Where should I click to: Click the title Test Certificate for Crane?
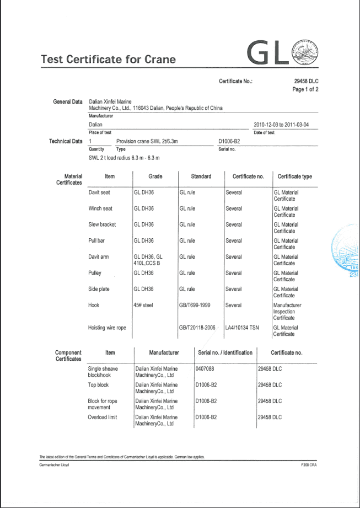pos(108,60)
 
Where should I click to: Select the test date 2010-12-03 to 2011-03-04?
pos(281,125)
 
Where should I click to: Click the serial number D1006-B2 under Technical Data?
pos(229,141)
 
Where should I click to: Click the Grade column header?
pos(155,177)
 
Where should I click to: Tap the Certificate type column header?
pos(294,177)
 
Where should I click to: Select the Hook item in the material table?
pos(94,305)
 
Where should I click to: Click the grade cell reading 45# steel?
pos(143,305)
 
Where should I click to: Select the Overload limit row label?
pos(103,417)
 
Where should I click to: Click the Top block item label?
pos(98,385)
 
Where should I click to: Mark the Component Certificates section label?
pos(68,356)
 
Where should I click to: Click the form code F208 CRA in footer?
pos(308,465)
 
